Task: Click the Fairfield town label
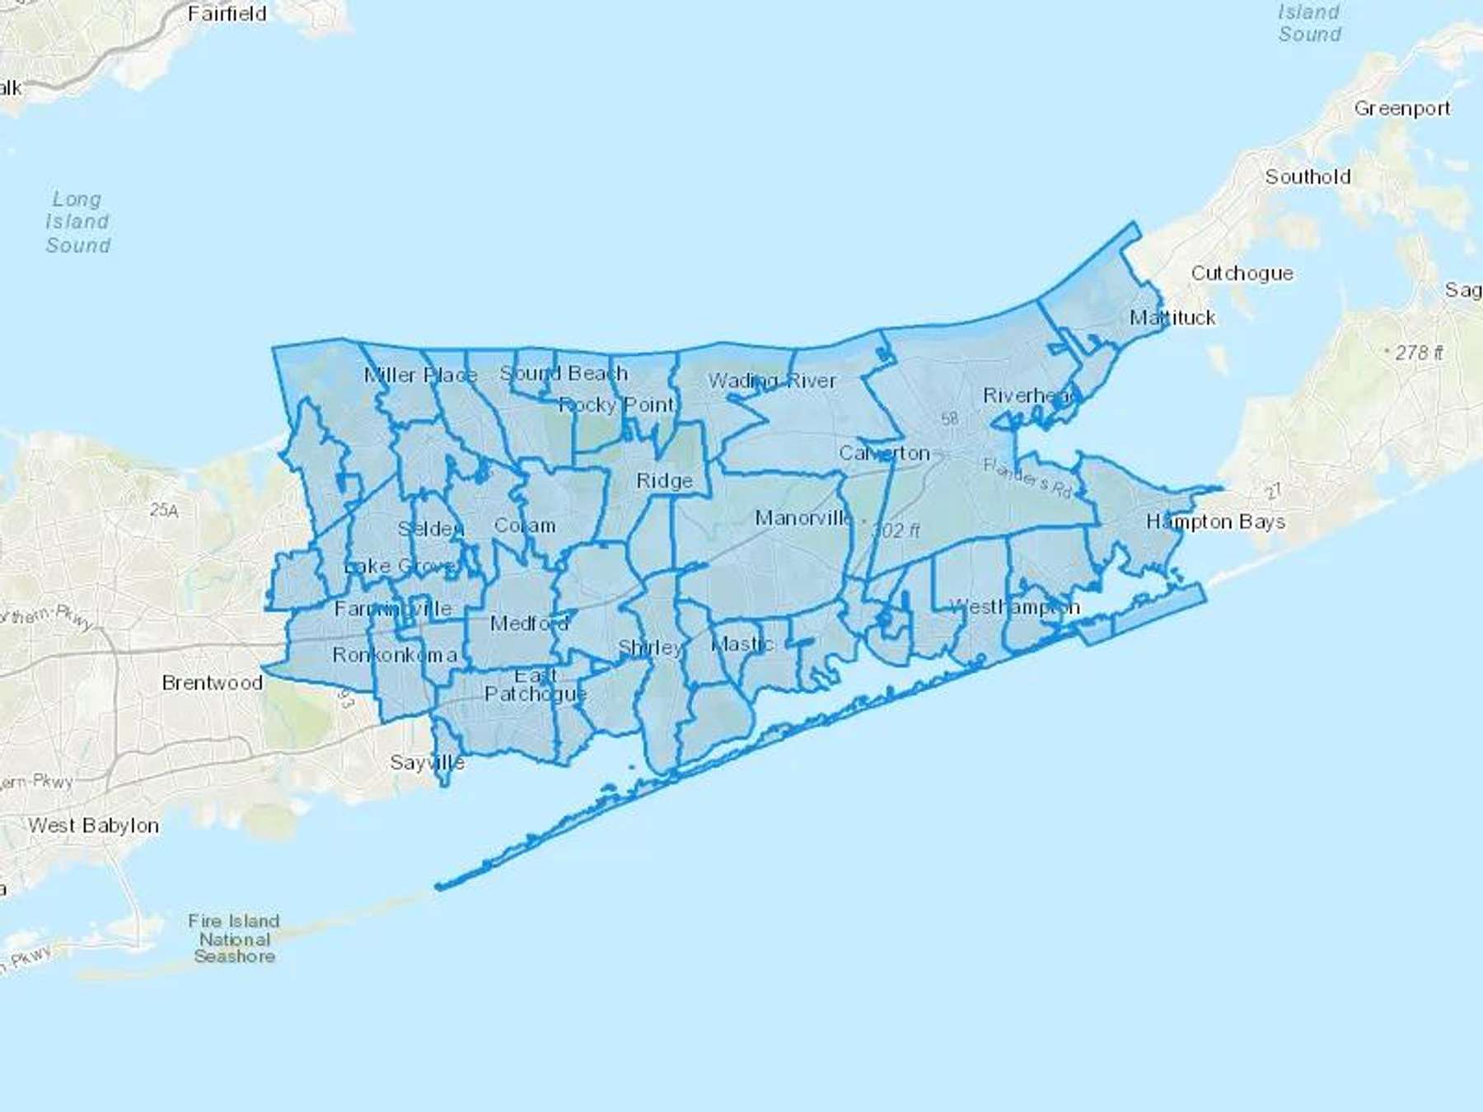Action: (x=227, y=14)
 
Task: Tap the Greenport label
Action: (x=1401, y=109)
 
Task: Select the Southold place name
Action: (x=1308, y=177)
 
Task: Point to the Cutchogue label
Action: (x=1242, y=273)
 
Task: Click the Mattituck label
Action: (x=1172, y=318)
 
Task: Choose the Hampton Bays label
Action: (x=1215, y=522)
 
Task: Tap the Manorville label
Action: (x=803, y=518)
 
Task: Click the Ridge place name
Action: (x=664, y=481)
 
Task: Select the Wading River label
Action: (x=772, y=381)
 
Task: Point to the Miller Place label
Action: (x=420, y=376)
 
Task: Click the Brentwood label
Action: (x=212, y=683)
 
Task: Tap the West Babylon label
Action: (x=93, y=825)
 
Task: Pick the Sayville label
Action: (x=427, y=763)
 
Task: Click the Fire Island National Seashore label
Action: (x=234, y=938)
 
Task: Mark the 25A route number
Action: (x=164, y=511)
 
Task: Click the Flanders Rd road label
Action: (x=1027, y=478)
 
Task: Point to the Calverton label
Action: (x=884, y=454)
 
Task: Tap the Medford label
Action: (x=529, y=624)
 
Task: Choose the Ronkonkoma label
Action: (x=395, y=655)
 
